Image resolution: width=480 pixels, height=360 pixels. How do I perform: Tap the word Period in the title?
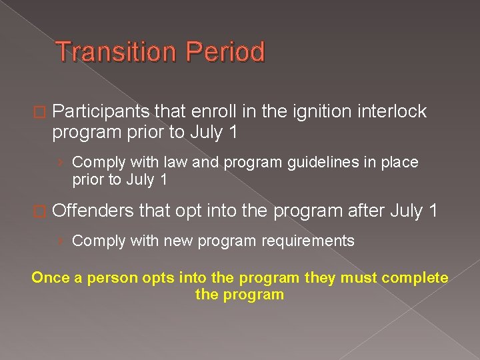click(x=225, y=52)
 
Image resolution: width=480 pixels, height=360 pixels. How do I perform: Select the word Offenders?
click(x=94, y=211)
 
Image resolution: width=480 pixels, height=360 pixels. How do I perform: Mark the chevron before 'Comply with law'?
click(x=61, y=163)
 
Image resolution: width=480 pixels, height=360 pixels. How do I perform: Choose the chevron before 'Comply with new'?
click(x=61, y=241)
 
